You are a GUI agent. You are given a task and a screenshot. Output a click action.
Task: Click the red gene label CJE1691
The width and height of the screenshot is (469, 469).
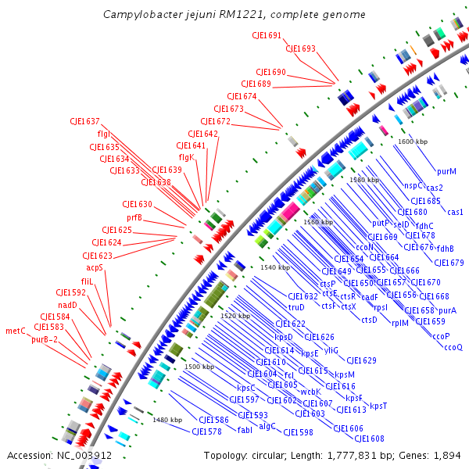267,36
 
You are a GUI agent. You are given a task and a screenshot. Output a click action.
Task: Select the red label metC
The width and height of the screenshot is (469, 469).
16,330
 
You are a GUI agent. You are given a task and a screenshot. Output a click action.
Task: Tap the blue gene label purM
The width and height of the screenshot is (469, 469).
446,170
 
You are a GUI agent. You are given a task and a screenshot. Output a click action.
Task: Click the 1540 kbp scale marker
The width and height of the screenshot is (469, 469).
274,267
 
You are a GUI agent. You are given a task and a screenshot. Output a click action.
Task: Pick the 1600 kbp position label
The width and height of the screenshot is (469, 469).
413,141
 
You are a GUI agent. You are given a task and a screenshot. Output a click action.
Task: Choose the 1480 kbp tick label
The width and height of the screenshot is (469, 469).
167,420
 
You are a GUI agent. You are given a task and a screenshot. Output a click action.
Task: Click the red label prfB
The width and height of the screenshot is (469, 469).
134,217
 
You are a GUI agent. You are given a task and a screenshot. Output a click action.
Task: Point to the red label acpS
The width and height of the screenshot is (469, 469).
94,267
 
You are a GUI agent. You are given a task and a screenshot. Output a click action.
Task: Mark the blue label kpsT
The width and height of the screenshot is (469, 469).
378,405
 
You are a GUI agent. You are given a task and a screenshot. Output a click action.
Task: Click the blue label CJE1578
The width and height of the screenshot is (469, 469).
207,431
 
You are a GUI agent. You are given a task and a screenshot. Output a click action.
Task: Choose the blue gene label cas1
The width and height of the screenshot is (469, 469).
455,212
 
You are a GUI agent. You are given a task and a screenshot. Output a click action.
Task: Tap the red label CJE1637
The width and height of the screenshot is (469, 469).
84,121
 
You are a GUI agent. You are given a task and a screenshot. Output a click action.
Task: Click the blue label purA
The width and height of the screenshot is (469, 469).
447,310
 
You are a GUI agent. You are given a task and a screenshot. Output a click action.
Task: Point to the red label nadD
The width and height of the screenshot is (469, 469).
67,305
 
